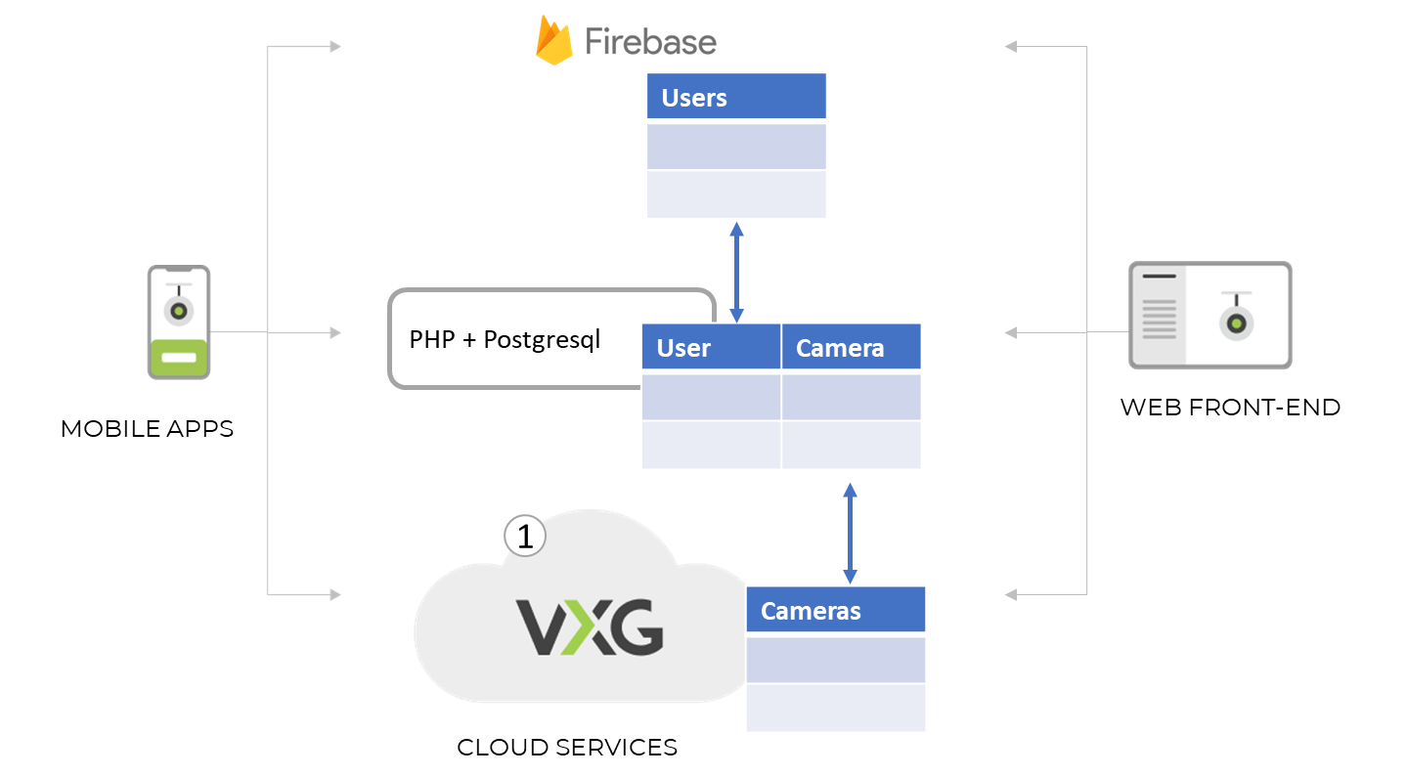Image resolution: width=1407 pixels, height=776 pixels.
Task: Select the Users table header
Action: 736,97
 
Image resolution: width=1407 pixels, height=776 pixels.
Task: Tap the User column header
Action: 711,347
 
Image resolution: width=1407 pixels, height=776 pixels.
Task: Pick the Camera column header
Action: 851,347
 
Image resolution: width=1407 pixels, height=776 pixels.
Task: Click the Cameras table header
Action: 835,611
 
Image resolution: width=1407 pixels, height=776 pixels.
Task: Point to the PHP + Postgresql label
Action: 505,340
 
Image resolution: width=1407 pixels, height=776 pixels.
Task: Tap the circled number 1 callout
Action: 525,536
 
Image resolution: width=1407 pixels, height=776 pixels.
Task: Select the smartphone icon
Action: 178,322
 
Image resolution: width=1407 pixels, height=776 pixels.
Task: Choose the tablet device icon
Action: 1209,315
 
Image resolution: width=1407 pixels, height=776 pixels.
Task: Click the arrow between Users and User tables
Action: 736,271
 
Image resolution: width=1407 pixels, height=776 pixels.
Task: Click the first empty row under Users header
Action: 736,146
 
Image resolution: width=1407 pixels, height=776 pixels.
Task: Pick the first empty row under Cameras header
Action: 835,659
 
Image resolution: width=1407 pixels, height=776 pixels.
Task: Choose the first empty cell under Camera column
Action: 851,396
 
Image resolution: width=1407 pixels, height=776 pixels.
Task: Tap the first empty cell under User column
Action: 711,396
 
